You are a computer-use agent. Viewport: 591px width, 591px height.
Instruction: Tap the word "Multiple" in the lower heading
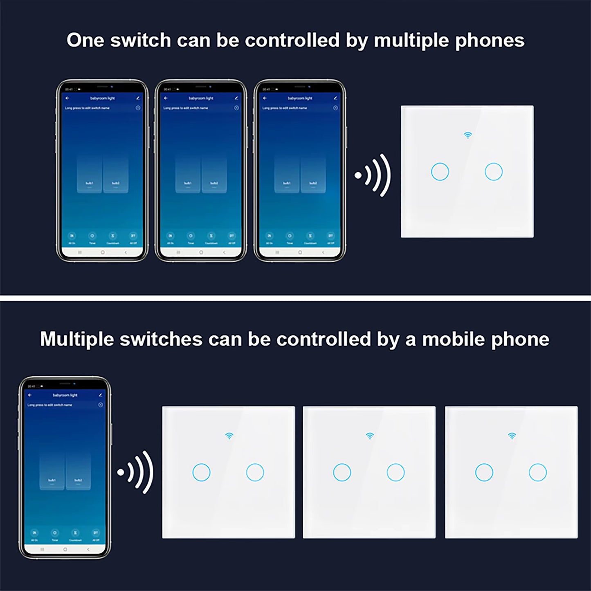click(x=76, y=339)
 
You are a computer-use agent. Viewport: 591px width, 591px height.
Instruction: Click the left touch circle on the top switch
click(x=440, y=172)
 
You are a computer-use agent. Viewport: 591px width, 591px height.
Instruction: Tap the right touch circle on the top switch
click(x=493, y=172)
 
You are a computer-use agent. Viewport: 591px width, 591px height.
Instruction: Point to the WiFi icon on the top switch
click(x=467, y=135)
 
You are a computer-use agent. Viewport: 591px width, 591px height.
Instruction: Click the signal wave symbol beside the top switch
click(x=373, y=175)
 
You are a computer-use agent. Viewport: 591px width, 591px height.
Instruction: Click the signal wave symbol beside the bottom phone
click(x=135, y=472)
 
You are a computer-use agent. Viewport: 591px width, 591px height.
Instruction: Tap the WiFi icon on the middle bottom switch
click(x=370, y=436)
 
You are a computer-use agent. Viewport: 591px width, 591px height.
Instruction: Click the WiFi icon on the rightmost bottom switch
click(x=512, y=436)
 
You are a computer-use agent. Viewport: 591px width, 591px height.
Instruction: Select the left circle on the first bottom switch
click(x=201, y=472)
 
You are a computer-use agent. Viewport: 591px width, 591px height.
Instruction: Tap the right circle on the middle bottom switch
click(x=395, y=472)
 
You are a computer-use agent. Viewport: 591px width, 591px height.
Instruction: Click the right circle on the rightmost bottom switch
click(x=537, y=472)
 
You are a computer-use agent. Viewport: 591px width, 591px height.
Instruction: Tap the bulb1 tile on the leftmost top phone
click(x=89, y=174)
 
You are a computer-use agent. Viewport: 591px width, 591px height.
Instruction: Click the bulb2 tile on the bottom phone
click(x=78, y=472)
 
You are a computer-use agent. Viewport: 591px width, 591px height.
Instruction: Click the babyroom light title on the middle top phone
click(x=201, y=98)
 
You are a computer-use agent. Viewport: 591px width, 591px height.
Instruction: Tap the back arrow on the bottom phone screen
click(x=30, y=395)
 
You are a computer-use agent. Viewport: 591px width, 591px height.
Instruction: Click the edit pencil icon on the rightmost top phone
click(x=335, y=98)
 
